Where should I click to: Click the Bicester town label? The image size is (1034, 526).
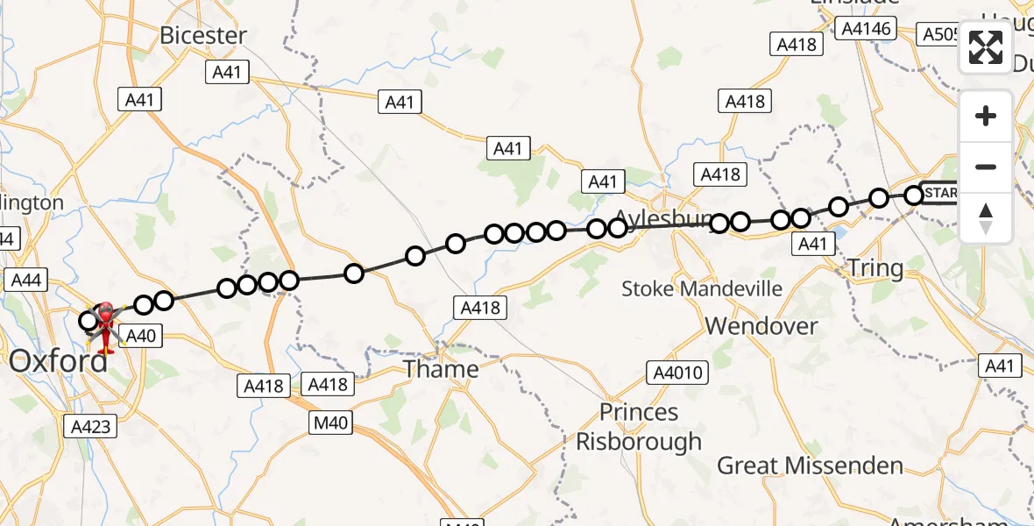[203, 36]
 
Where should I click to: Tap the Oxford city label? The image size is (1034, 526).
[59, 361]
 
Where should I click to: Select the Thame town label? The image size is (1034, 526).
[441, 369]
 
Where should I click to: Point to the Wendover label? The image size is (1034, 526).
[761, 326]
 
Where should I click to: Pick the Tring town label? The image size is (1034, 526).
[875, 268]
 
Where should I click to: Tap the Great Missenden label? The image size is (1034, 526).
[810, 466]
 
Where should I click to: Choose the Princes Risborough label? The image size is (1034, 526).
[638, 427]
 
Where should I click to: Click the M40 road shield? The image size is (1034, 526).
[331, 423]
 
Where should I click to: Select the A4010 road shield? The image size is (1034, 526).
[676, 373]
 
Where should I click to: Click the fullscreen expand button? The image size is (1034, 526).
[986, 47]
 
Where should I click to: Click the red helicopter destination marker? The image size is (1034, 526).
[105, 326]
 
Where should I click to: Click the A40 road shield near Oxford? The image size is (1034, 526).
[140, 335]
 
